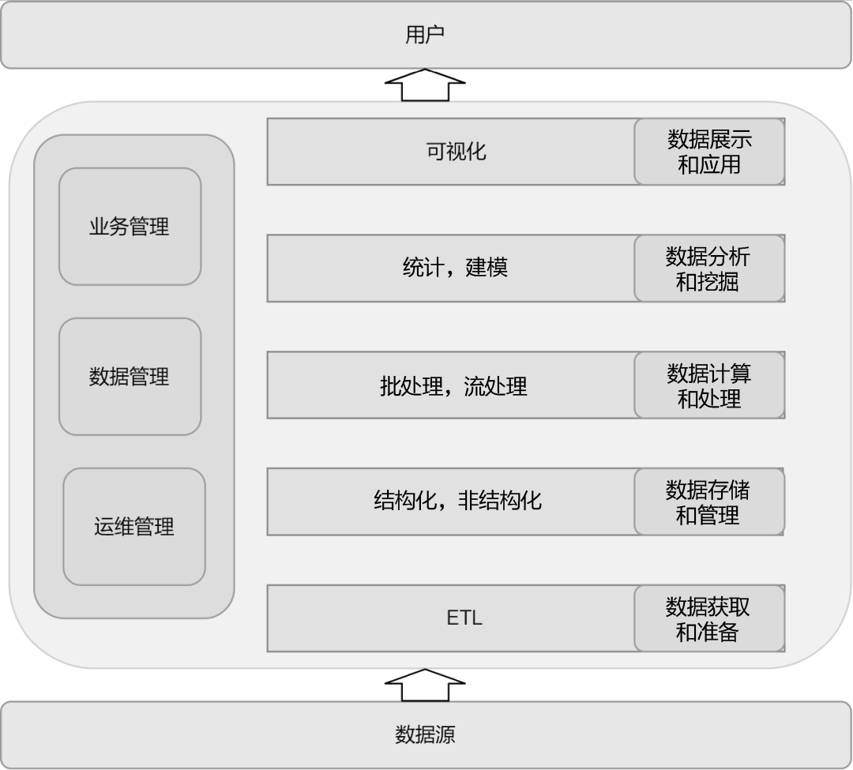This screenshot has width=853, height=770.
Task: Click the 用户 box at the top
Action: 426,35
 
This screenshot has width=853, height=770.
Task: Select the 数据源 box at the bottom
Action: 426,734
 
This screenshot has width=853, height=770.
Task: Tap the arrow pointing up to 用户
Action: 425,85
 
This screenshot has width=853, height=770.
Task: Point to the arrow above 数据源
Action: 425,685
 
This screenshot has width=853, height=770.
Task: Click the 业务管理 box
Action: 130,227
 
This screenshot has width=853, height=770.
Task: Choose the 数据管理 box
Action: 130,377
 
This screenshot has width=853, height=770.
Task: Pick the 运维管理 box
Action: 134,527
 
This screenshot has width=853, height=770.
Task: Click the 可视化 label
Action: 457,152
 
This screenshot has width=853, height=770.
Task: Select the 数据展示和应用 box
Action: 709,152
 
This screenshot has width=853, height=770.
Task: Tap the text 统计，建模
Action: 455,268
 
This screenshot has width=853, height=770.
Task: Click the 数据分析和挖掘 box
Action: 708,269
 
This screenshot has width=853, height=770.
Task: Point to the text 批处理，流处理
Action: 453,386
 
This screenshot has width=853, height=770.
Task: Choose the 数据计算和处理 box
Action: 709,385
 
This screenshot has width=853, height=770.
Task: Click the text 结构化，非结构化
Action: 457,501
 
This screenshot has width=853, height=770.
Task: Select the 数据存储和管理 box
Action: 708,502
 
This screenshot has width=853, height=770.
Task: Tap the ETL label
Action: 464,618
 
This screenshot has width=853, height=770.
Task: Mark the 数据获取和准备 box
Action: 708,619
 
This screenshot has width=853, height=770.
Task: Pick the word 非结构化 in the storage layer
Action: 500,501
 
